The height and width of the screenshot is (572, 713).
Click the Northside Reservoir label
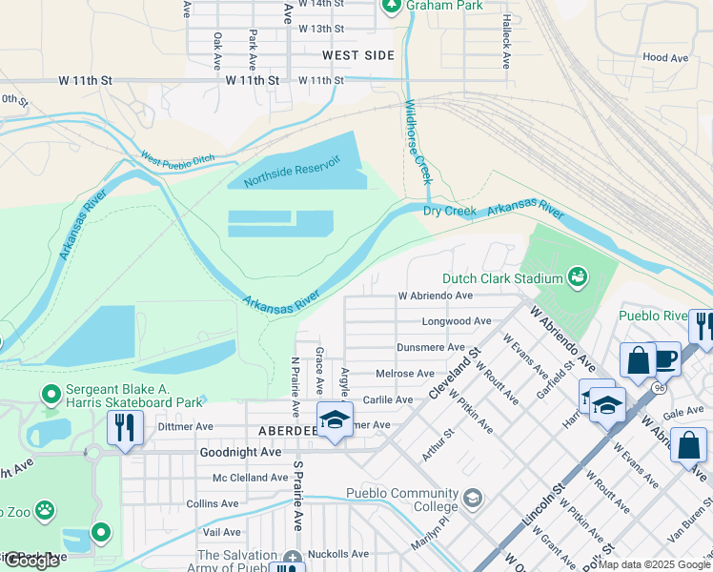click(292, 171)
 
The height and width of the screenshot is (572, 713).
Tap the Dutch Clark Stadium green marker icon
click(577, 277)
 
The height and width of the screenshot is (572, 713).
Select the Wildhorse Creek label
click(419, 142)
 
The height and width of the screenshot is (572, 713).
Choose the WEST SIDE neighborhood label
click(357, 55)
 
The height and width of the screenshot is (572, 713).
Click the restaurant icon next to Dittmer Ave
click(125, 428)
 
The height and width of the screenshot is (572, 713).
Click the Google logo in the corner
click(31, 561)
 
